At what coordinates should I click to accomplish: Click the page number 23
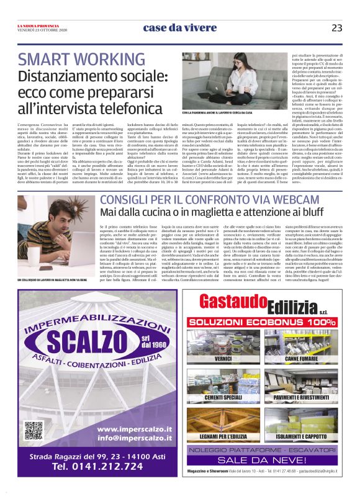coord(337,27)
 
